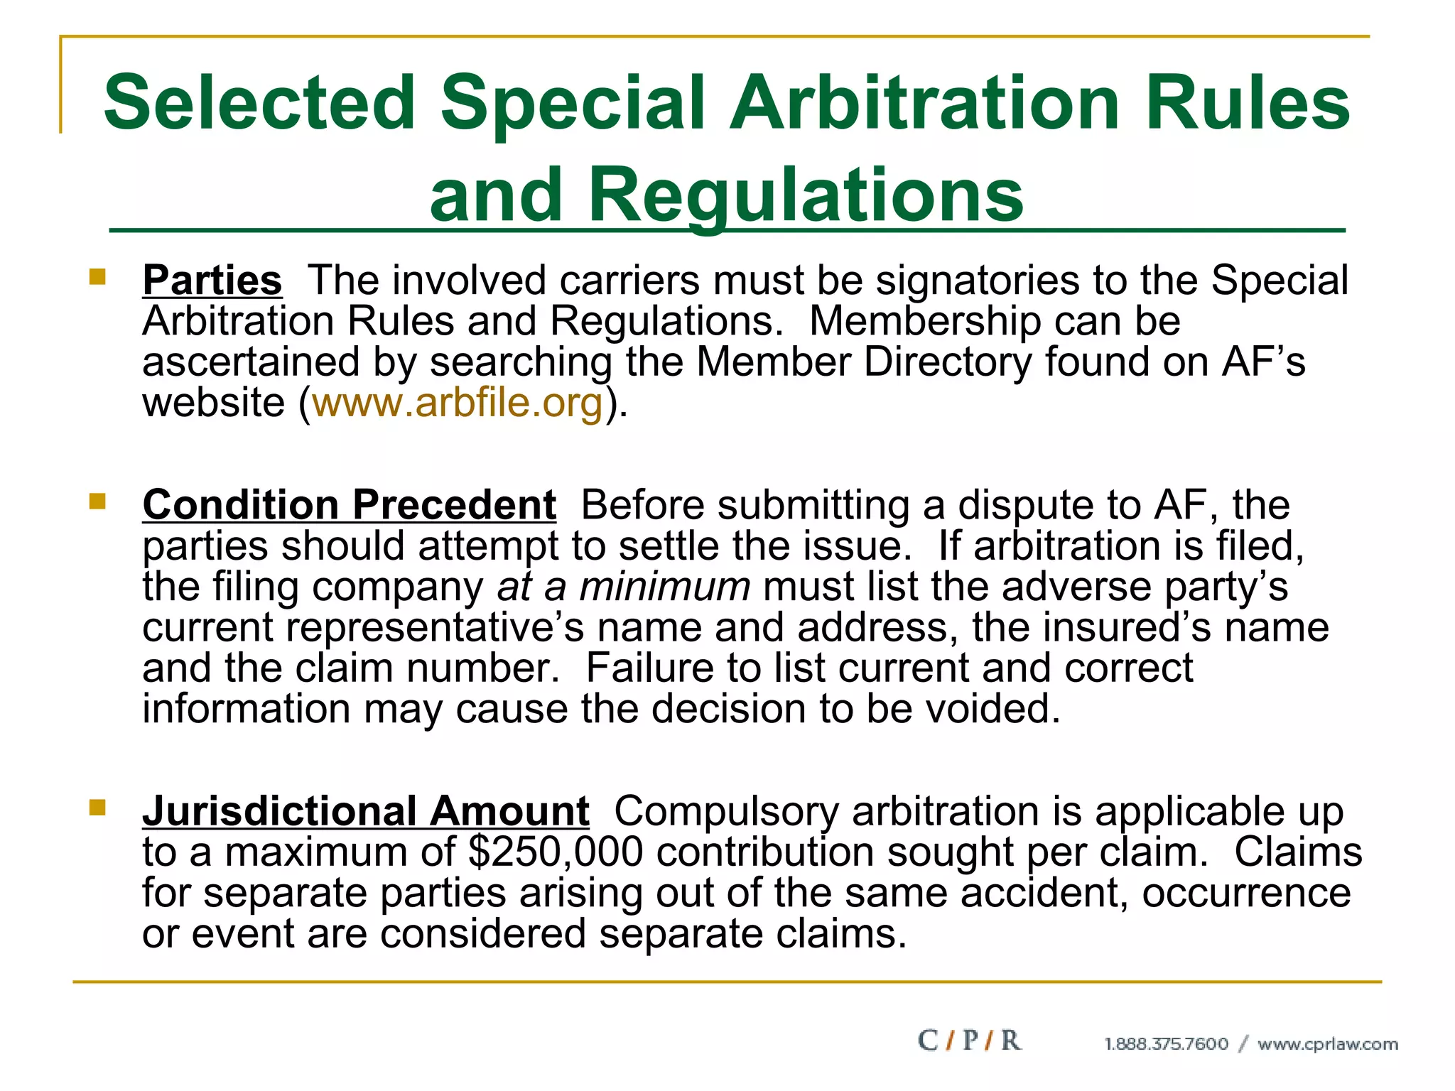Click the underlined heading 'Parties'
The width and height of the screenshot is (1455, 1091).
(212, 280)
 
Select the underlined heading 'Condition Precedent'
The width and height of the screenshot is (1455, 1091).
(349, 505)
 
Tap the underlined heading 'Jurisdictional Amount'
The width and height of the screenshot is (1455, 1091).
(365, 811)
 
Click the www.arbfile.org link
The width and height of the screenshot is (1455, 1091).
(458, 403)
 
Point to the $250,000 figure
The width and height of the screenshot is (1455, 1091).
(556, 852)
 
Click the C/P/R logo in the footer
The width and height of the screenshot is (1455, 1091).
(969, 1041)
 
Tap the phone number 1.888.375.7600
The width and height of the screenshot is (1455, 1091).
(1166, 1044)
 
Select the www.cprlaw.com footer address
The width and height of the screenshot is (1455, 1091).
(1327, 1044)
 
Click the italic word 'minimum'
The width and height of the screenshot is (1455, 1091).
(664, 587)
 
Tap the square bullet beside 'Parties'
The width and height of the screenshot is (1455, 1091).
(97, 276)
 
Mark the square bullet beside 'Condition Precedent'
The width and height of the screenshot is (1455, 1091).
(97, 501)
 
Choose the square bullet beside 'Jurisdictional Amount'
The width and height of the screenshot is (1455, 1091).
(97, 808)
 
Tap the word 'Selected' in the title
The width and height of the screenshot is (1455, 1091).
(259, 103)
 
